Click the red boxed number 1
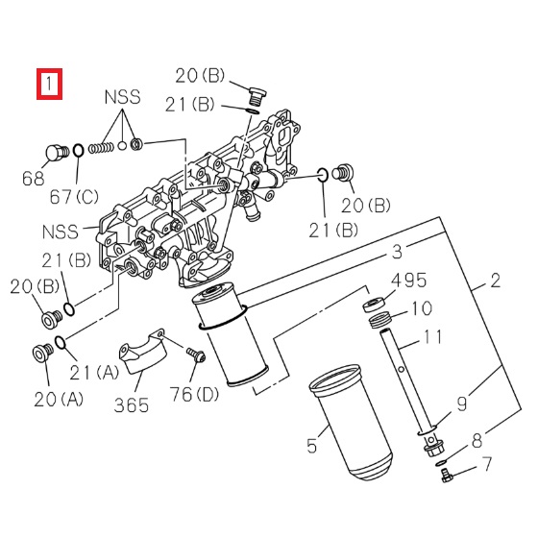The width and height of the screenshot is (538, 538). (49, 84)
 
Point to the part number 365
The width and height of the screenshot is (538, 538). (132, 403)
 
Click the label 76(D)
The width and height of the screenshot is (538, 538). (194, 394)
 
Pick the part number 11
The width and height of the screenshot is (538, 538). (433, 338)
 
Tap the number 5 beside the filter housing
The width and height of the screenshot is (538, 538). (310, 445)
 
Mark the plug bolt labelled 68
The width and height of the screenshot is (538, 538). (56, 152)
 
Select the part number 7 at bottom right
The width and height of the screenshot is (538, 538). (486, 465)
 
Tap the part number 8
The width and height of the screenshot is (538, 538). (477, 441)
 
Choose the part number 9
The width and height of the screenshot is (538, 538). (461, 403)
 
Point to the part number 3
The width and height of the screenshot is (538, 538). (395, 253)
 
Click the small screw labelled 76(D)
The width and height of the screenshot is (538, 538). (196, 356)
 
